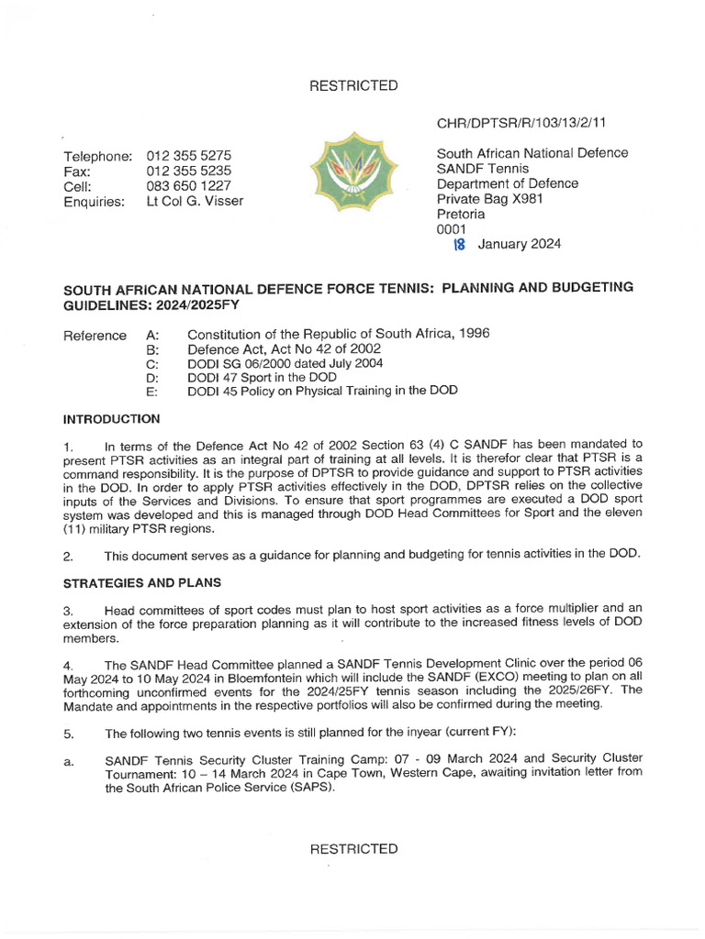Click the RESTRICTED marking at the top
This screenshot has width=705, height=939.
[353, 85]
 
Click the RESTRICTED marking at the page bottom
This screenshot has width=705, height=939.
[353, 849]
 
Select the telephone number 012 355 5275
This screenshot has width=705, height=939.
[189, 156]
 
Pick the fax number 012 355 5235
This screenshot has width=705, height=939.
[189, 171]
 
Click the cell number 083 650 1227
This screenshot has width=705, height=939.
[189, 186]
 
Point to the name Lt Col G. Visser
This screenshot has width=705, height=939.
[196, 202]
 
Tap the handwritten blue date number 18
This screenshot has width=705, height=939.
[461, 244]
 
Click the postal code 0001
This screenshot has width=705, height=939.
[452, 229]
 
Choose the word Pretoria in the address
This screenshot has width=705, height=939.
[461, 215]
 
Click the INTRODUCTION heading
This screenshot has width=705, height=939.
[111, 419]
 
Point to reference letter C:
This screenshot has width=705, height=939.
[152, 363]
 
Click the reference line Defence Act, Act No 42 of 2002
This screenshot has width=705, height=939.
[272, 348]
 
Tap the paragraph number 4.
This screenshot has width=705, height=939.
[67, 666]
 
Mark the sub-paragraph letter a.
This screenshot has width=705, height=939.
[67, 761]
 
